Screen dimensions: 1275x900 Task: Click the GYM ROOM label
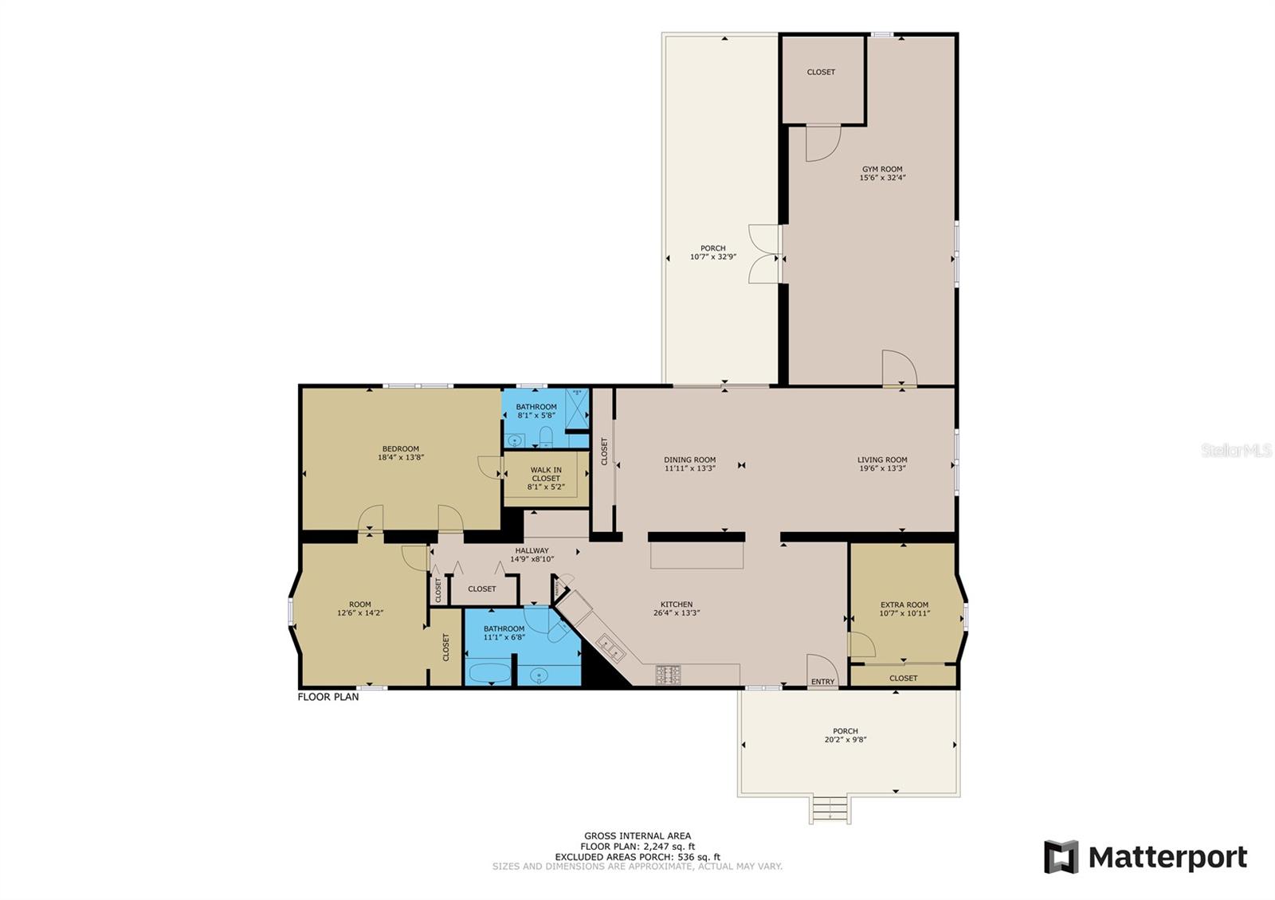tap(882, 169)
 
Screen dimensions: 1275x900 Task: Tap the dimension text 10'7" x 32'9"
tap(713, 256)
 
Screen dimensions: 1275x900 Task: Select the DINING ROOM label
tap(690, 460)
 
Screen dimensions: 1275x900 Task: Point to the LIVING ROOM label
tap(882, 460)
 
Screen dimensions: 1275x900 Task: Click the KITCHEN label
tap(677, 605)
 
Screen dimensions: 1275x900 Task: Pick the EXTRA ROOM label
tap(904, 605)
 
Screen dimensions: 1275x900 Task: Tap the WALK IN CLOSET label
tap(546, 474)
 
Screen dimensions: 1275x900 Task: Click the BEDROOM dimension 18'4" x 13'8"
tap(402, 457)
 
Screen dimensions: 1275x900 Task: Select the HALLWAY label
tap(532, 550)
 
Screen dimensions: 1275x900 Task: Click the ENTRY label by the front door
tap(823, 682)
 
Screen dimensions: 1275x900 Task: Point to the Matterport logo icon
tap(1061, 857)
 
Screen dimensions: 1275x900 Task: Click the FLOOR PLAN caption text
tap(328, 697)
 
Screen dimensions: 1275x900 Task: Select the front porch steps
tap(830, 809)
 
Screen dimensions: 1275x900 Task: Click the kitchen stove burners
tap(669, 675)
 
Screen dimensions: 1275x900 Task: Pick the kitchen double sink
tap(611, 648)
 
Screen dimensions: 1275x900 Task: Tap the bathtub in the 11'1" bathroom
tap(489, 673)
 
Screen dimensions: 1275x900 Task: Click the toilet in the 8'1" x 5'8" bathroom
tap(547, 436)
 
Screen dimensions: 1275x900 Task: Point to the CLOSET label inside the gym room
tap(822, 72)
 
